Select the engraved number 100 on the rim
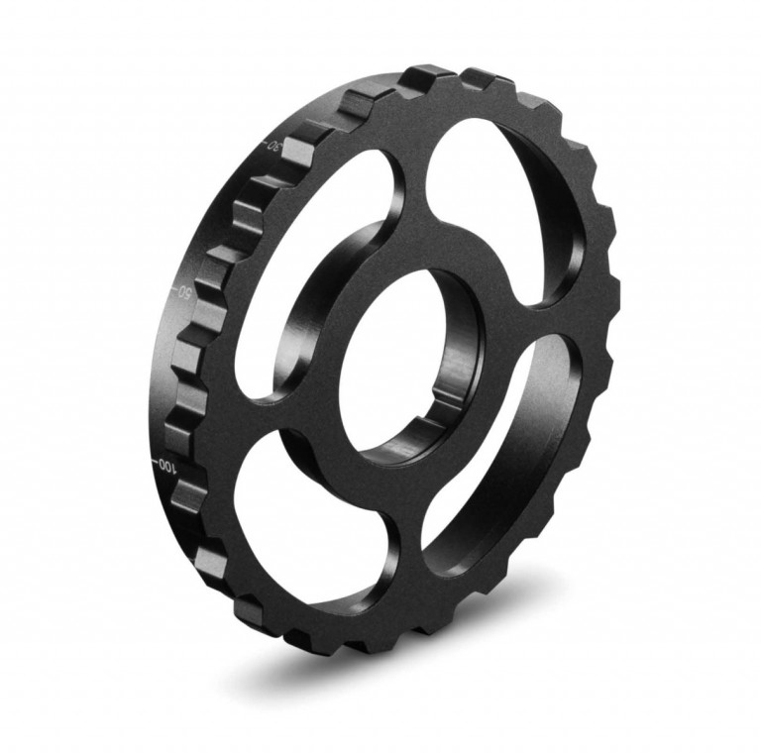pyautogui.click(x=166, y=465)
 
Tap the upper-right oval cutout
pyautogui.click(x=500, y=198)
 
